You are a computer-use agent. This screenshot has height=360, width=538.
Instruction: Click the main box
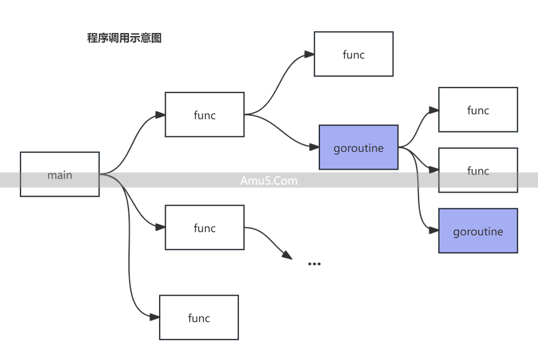(x=59, y=174)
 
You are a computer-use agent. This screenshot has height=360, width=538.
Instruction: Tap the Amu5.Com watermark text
(x=268, y=180)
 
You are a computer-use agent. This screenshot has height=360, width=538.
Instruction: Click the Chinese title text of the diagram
(x=125, y=38)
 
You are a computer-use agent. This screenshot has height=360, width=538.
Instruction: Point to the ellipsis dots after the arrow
(x=313, y=263)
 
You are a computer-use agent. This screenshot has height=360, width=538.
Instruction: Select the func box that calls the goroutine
(x=204, y=115)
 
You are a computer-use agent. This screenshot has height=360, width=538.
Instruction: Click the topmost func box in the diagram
(x=353, y=55)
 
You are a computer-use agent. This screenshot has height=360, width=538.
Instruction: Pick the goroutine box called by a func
(x=358, y=148)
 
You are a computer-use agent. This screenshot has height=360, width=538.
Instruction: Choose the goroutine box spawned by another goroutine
(x=477, y=232)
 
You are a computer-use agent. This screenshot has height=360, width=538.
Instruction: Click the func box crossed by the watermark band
(x=477, y=171)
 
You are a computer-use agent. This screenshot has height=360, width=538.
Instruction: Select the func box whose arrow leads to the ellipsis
(x=204, y=228)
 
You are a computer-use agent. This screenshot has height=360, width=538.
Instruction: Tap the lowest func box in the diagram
(x=199, y=317)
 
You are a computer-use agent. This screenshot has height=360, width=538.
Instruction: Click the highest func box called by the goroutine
(x=477, y=110)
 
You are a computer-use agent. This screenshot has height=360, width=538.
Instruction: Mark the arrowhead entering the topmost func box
(x=309, y=55)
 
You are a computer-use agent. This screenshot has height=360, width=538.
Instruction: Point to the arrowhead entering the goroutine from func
(x=313, y=147)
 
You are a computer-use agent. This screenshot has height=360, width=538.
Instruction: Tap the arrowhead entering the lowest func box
(x=154, y=317)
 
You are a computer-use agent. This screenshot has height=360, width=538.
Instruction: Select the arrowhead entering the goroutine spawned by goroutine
(x=433, y=231)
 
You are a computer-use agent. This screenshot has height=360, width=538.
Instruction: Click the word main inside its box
(x=59, y=175)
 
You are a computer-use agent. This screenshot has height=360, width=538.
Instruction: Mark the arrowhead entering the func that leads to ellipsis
(x=160, y=227)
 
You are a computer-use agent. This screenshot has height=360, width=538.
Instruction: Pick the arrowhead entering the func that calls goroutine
(x=160, y=115)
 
